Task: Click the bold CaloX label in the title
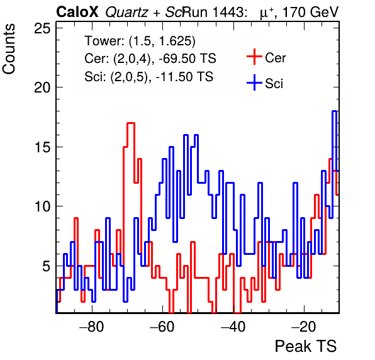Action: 77,12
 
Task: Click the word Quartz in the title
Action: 126,13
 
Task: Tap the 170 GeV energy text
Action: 311,12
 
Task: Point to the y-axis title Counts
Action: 9,49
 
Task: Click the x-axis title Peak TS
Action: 306,346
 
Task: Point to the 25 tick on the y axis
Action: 43,28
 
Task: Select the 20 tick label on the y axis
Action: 43,87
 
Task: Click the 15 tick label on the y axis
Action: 43,147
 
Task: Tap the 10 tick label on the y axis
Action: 43,206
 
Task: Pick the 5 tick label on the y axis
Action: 47,266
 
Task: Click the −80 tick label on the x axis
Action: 92,326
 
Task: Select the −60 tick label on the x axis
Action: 162,326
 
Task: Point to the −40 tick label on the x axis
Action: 233,326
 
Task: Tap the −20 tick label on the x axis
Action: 304,326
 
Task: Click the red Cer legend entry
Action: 266,57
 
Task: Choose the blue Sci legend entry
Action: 265,83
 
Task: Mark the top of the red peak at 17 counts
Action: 131,123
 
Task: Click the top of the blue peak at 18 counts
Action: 334,111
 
